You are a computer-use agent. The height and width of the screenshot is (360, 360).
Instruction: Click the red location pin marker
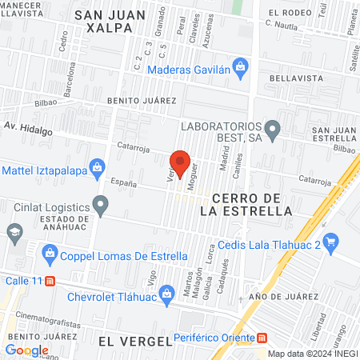(180, 162)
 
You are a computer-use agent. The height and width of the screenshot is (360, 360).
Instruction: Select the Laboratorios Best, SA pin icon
(272, 128)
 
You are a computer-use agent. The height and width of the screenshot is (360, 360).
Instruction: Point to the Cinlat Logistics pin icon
(100, 206)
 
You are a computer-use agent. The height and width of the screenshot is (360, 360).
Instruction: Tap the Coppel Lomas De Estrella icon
(50, 255)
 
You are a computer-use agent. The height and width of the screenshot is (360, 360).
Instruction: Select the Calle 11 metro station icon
(50, 282)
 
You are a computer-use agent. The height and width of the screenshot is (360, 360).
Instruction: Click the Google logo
(26, 350)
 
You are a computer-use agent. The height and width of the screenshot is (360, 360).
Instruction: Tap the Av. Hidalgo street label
(28, 126)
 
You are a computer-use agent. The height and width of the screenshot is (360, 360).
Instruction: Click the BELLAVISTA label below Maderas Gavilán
(296, 78)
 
